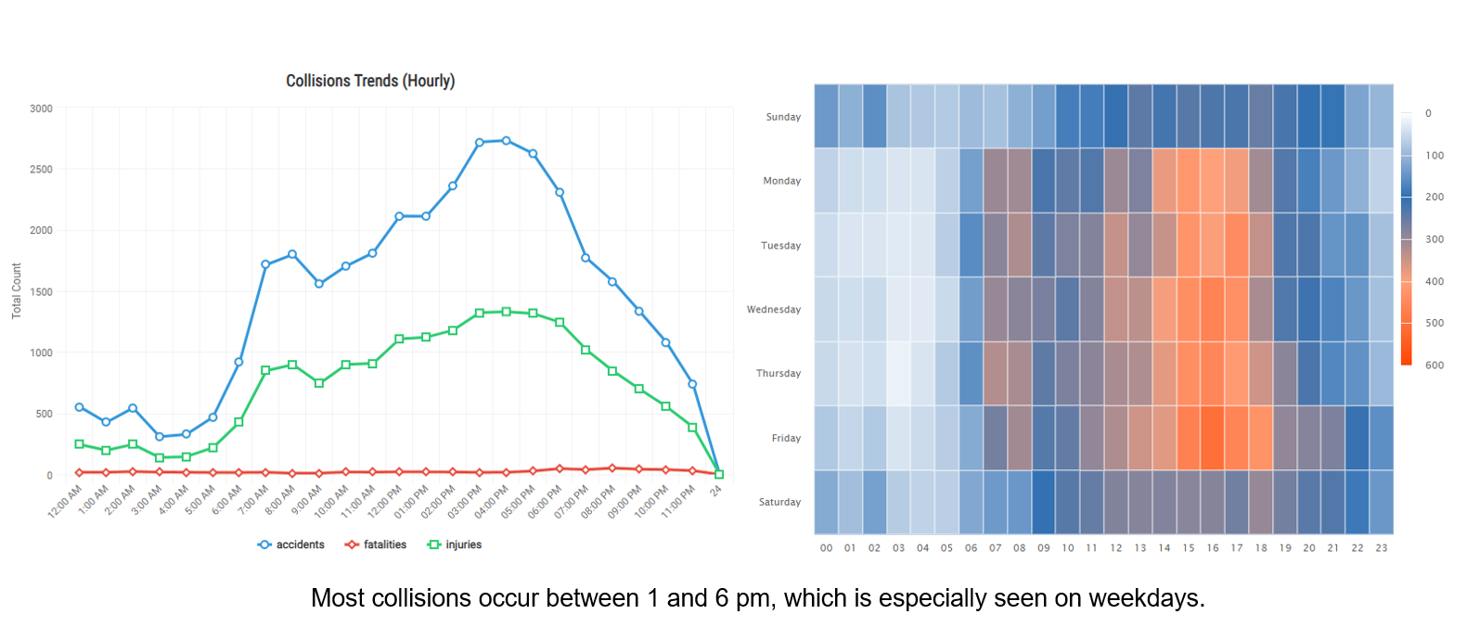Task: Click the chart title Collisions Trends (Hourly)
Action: point(370,81)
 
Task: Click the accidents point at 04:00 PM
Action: point(506,141)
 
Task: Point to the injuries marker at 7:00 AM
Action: point(265,370)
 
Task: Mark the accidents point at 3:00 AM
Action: point(160,437)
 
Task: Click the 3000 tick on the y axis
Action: point(41,109)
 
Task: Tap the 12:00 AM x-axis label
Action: point(66,502)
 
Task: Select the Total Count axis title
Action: point(17,291)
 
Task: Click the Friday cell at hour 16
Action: point(1212,438)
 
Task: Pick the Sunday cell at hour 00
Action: point(826,116)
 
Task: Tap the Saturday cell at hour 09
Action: point(1043,502)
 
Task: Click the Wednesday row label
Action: point(773,310)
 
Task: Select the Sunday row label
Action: point(783,117)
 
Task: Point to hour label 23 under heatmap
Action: point(1382,548)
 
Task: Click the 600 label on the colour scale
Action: point(1435,365)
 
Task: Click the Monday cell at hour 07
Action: point(995,181)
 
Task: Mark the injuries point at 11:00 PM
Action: point(692,428)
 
